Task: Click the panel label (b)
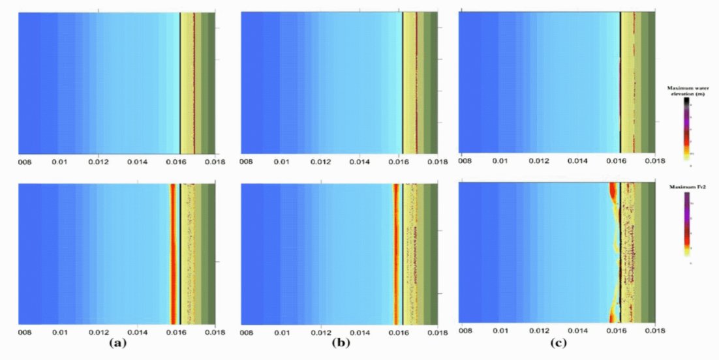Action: (338, 342)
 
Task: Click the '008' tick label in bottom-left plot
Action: (25, 332)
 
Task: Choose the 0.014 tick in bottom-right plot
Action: (577, 331)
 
